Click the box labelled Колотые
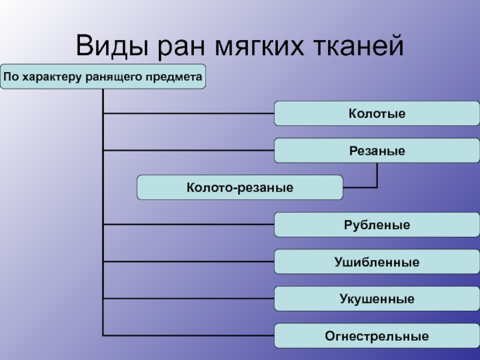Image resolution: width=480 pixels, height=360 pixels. tap(377, 113)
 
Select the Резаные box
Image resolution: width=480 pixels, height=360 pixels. tap(377, 151)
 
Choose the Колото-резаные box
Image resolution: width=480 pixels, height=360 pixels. tap(239, 187)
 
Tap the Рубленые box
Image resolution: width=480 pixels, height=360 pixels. tap(377, 224)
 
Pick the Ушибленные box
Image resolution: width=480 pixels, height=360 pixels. tap(377, 262)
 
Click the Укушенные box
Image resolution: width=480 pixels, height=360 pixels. tap(377, 298)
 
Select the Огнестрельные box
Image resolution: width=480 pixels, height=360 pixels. tap(377, 335)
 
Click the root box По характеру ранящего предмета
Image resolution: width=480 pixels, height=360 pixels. tap(103, 77)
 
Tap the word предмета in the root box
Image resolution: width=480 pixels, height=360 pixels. tap(179, 77)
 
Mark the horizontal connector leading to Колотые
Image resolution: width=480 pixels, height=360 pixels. tap(188, 113)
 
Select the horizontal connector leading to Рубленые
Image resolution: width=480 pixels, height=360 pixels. tap(188, 224)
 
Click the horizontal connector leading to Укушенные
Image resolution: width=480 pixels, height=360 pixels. tap(188, 298)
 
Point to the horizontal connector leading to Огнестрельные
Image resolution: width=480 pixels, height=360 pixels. tap(188, 335)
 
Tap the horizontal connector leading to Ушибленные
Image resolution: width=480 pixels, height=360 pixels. tap(188, 262)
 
